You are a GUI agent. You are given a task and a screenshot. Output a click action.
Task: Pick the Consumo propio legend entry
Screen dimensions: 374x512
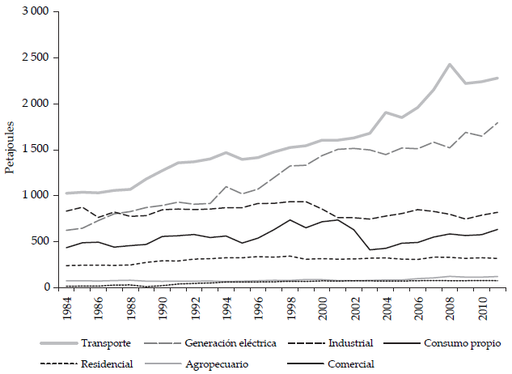tap(455, 344)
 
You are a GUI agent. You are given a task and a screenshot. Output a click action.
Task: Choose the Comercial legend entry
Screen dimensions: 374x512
tap(349, 363)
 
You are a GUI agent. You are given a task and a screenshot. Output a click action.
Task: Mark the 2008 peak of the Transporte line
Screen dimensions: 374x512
tap(451, 64)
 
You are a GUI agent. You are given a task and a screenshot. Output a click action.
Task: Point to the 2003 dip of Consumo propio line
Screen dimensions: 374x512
tap(370, 249)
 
